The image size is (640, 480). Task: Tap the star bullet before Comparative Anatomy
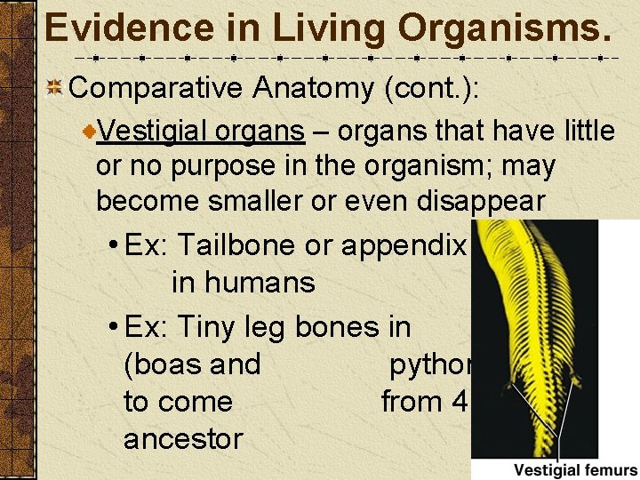53,88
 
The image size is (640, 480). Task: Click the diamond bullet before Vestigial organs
89,132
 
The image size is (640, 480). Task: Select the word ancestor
183,438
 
